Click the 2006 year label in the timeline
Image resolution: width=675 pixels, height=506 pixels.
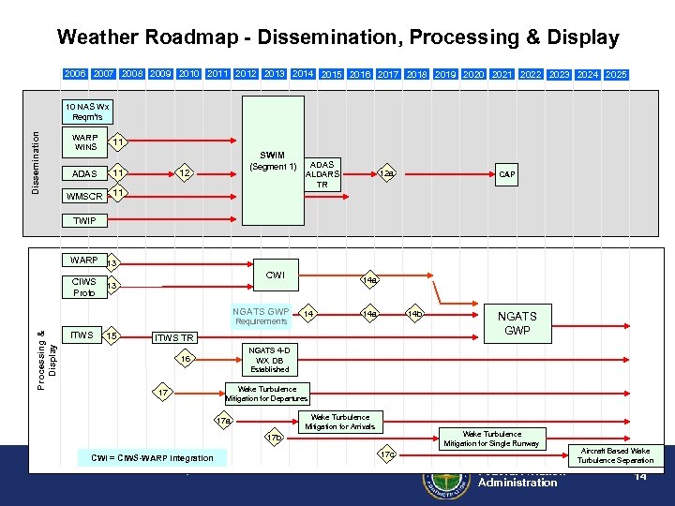point(76,73)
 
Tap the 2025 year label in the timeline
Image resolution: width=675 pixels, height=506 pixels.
point(616,74)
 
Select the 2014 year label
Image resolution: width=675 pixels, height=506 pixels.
point(303,73)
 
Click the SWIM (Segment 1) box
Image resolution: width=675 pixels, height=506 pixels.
point(274,161)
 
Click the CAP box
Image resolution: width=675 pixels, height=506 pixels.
point(507,174)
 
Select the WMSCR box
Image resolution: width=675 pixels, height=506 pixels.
point(83,196)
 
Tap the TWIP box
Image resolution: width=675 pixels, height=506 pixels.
point(83,221)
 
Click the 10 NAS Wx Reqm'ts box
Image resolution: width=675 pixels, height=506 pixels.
point(87,112)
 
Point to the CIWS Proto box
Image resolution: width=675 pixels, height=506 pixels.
point(83,286)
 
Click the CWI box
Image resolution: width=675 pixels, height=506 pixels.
point(276,275)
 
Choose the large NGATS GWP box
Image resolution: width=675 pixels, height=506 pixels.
point(517,323)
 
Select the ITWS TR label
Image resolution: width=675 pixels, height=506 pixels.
point(175,337)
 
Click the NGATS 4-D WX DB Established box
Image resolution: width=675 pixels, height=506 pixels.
point(269,360)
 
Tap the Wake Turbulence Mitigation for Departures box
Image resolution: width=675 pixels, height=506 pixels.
point(267,394)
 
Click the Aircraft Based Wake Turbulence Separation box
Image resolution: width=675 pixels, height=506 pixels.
point(616,455)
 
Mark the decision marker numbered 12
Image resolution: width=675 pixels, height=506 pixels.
point(186,173)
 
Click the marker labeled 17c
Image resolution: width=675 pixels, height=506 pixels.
point(387,454)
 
